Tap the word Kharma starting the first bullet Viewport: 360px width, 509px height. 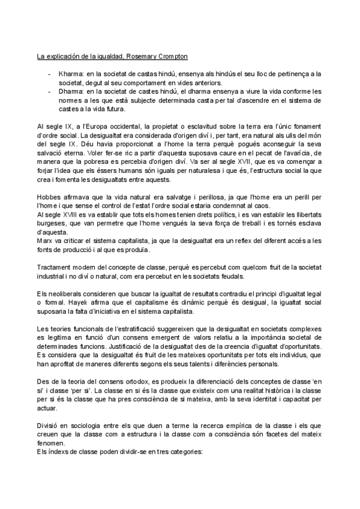click(71, 74)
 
